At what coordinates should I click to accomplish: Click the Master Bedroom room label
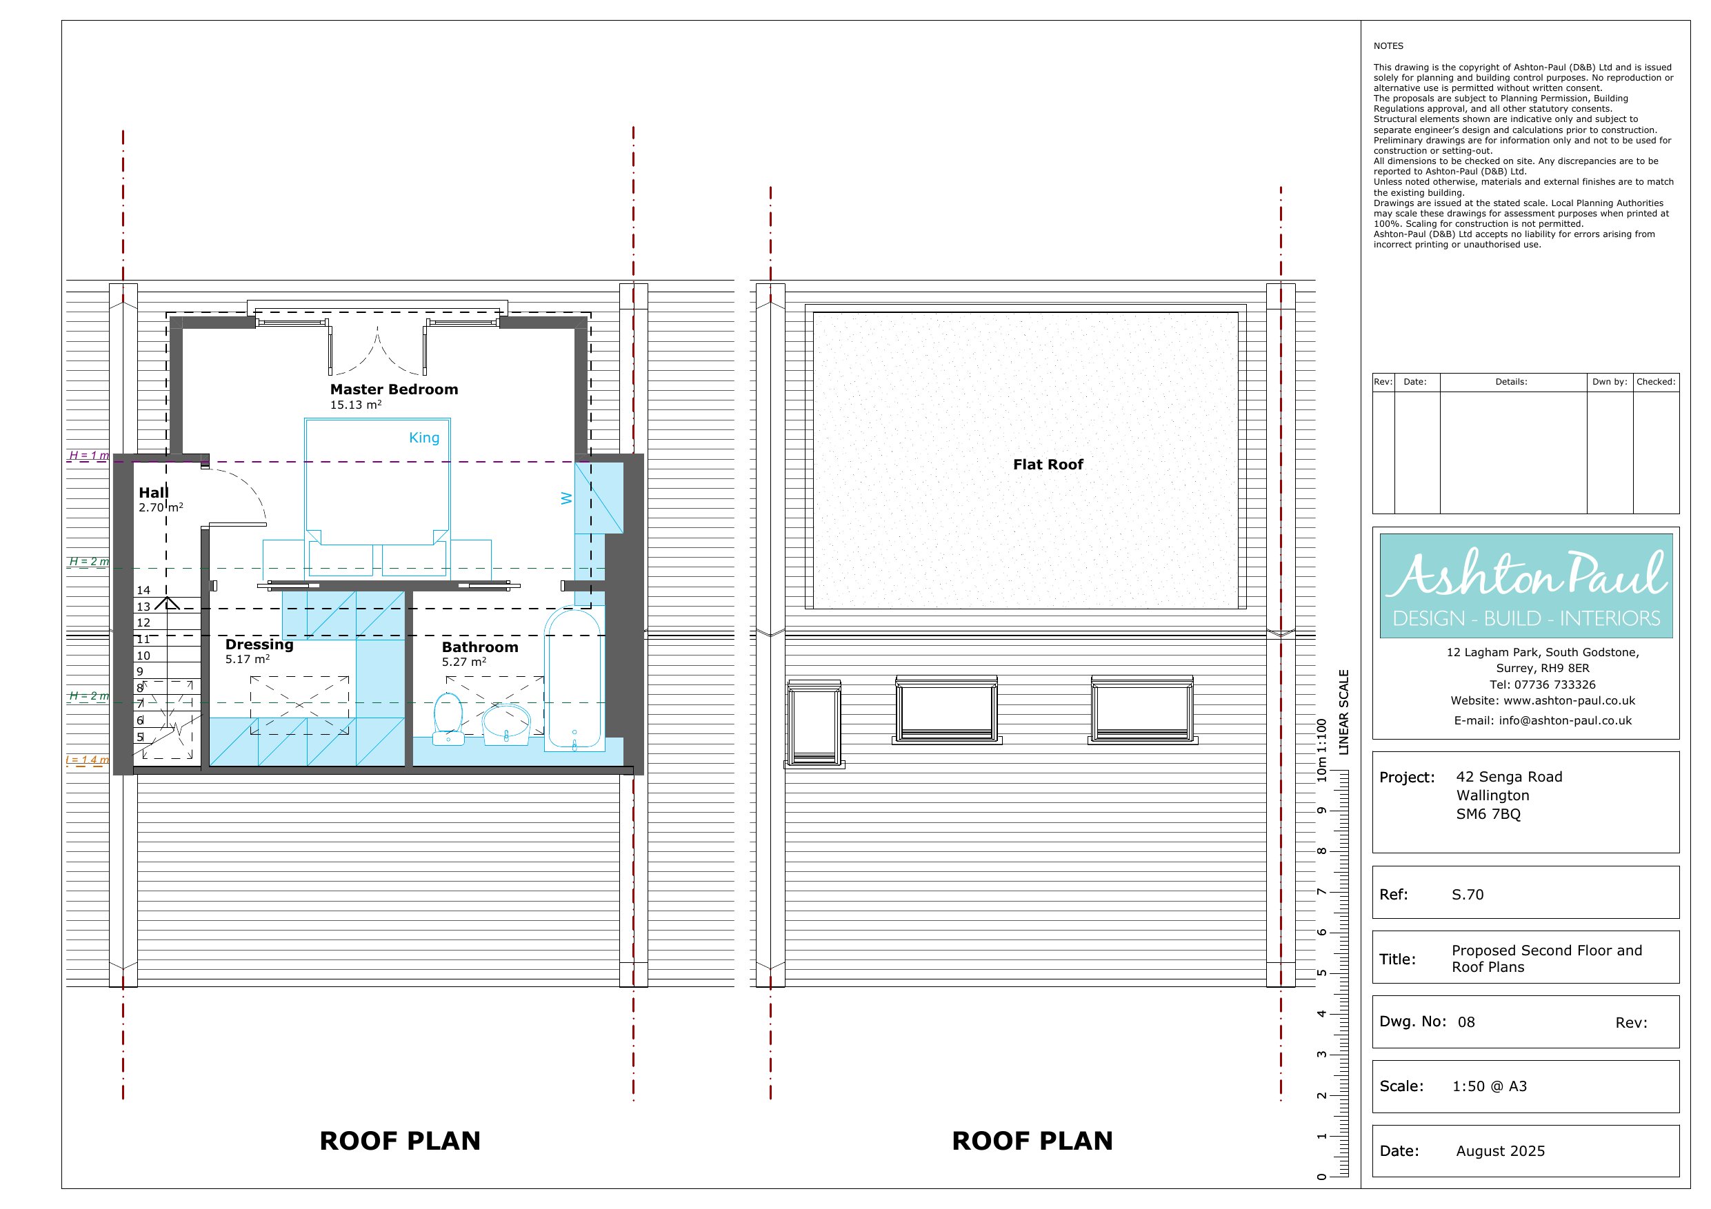pos(394,389)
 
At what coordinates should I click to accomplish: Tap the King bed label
pos(424,437)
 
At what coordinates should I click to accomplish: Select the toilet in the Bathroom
pos(448,718)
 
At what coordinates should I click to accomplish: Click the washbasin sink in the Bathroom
pos(506,724)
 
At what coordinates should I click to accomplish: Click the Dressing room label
pos(259,644)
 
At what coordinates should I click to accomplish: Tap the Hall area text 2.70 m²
pos(161,507)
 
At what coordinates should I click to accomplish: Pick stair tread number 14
pos(143,590)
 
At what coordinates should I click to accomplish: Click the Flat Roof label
pos(1048,464)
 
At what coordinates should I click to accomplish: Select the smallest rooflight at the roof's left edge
pos(814,723)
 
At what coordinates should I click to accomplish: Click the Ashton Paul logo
pos(1526,585)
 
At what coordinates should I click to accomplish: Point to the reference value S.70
pos(1468,894)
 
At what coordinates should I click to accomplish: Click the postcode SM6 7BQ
pos(1488,813)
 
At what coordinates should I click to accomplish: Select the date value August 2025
pos(1500,1151)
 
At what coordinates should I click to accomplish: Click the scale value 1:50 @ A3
pos(1490,1086)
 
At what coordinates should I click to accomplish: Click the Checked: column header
pos(1656,381)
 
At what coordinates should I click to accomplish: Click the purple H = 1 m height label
pos(89,455)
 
